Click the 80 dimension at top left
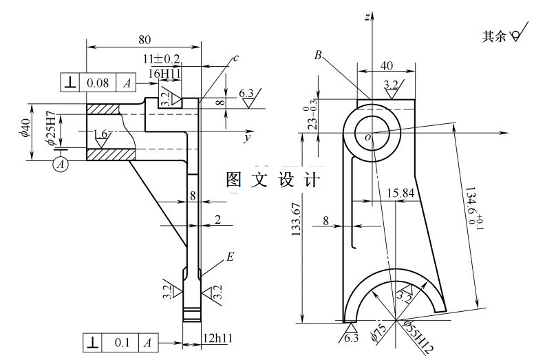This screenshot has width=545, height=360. click(x=144, y=39)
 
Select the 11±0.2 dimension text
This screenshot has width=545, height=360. click(x=162, y=59)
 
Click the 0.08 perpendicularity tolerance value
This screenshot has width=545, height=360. click(x=97, y=83)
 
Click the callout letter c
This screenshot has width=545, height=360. click(x=235, y=59)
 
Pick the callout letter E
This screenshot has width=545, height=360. click(x=231, y=257)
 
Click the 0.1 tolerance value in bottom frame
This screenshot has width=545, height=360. click(x=121, y=342)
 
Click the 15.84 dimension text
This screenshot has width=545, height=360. click(x=400, y=193)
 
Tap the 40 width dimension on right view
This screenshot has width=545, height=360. click(x=387, y=66)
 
